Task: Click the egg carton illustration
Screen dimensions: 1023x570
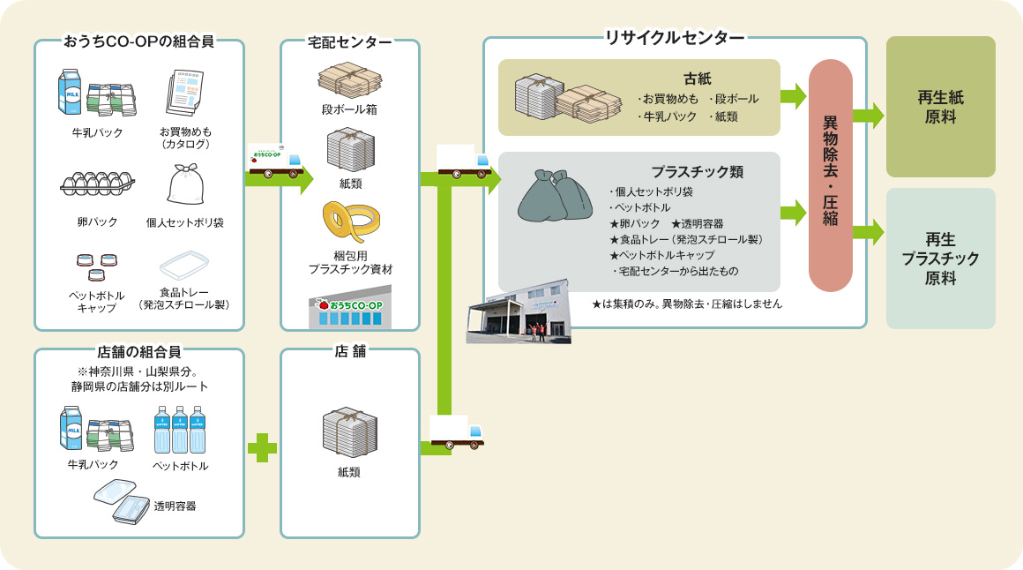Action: point(97,184)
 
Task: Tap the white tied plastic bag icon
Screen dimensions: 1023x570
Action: point(185,184)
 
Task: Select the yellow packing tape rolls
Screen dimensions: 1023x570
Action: point(351,222)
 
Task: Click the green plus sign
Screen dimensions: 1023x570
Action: point(262,448)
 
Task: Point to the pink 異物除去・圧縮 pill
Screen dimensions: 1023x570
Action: point(831,175)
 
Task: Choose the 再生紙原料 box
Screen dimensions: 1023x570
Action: point(940,107)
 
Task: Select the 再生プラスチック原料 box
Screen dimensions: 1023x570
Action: point(940,259)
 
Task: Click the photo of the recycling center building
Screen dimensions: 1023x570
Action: point(519,312)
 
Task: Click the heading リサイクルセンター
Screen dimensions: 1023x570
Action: point(674,38)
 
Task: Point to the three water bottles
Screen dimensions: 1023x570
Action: point(179,430)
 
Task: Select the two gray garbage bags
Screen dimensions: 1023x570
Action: point(556,195)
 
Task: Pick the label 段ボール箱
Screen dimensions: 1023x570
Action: point(349,109)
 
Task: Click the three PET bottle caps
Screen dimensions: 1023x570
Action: point(97,266)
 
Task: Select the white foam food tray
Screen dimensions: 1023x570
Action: point(184,265)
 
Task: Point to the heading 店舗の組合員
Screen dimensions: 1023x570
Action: point(139,352)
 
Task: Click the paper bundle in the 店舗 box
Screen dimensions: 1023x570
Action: point(350,432)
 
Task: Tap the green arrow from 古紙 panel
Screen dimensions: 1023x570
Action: point(794,96)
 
